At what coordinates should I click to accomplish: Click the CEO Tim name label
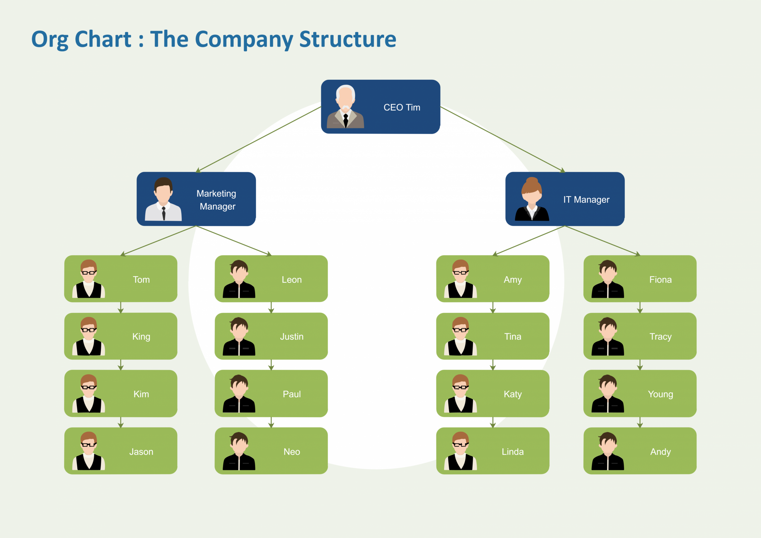(x=402, y=107)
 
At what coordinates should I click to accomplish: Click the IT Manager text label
(x=586, y=199)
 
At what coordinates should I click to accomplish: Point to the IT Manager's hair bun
(x=532, y=181)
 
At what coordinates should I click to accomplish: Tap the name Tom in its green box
(x=141, y=279)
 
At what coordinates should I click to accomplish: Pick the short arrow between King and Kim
(x=121, y=365)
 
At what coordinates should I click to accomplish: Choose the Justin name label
(x=292, y=336)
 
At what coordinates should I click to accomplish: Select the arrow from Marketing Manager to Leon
(x=234, y=241)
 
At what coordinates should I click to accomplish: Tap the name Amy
(x=512, y=279)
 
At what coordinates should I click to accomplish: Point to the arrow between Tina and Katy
(x=493, y=365)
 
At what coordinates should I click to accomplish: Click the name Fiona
(x=660, y=279)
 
